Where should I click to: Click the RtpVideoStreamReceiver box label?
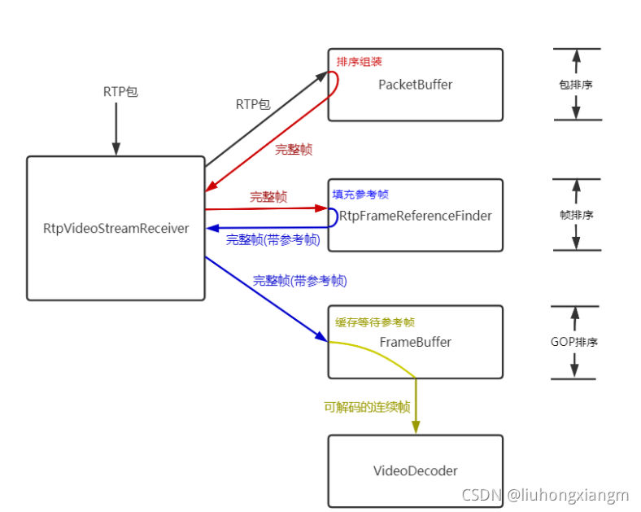116,229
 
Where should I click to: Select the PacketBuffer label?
415,85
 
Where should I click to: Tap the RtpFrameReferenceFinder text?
415,216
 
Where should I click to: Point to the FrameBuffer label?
415,342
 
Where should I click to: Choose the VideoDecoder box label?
415,470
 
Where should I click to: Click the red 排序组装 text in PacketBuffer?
359,61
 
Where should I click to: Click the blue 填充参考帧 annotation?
360,195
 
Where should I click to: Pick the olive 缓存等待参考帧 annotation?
375,322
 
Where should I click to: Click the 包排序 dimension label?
576,85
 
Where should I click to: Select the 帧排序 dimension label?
576,215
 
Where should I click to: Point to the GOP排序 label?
575,342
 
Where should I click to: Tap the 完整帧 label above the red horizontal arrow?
268,197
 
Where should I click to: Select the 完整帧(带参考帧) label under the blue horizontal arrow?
273,240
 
